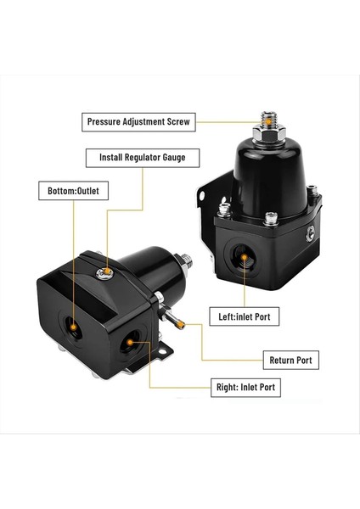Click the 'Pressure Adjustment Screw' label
pos(140,122)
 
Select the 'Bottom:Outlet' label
pos(72,192)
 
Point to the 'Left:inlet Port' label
pos(245,318)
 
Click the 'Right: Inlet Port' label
pos(245,388)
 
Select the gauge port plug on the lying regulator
pos(105,272)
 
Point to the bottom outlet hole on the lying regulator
pos(74,326)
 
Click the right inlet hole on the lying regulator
pos(128,344)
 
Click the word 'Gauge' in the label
pos(179,157)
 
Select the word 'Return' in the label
pos(282,360)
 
